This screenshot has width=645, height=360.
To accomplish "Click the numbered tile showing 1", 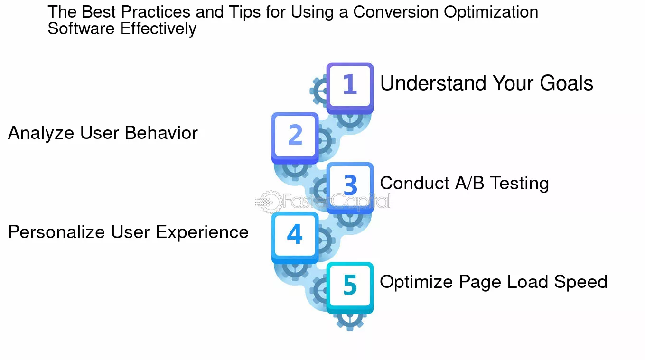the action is (350, 88).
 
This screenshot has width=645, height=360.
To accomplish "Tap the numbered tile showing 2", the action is (295, 138).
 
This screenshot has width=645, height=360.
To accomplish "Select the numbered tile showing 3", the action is (350, 188).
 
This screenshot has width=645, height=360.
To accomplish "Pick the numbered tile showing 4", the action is (295, 238).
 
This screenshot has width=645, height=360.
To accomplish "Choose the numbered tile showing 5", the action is (350, 288).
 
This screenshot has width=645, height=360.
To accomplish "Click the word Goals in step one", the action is (566, 83).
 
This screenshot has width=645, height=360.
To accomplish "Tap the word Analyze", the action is (41, 134).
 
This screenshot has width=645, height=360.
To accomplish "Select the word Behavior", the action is (161, 133).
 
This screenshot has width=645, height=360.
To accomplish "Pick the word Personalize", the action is (56, 232).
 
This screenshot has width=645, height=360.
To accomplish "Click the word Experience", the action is (202, 233).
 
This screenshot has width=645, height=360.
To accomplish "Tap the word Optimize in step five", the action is (416, 283).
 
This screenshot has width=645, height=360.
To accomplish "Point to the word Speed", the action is (580, 283).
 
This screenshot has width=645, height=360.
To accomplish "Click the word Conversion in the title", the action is (395, 12).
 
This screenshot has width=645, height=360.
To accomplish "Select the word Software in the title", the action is (81, 28).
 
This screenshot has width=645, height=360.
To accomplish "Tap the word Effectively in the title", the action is (158, 29).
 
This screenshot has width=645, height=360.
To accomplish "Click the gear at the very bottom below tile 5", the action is (350, 321).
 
